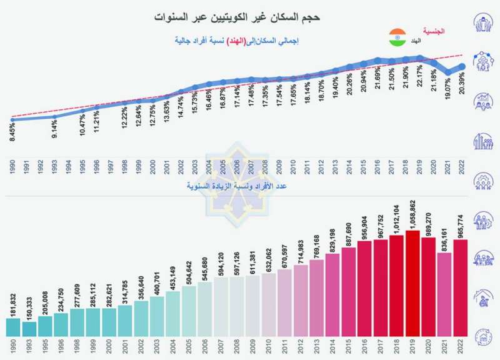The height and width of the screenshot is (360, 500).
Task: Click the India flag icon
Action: click(397, 36)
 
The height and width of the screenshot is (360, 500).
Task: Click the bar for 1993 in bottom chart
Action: click(29, 329)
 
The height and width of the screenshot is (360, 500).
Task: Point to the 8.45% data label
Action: click(13, 132)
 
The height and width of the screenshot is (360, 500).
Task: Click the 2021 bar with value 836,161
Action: click(444, 294)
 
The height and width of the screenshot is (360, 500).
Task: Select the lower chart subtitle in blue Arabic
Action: click(238, 186)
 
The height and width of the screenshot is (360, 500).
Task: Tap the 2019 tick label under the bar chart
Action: click(412, 346)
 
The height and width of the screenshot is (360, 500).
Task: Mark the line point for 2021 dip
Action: click(448, 73)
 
